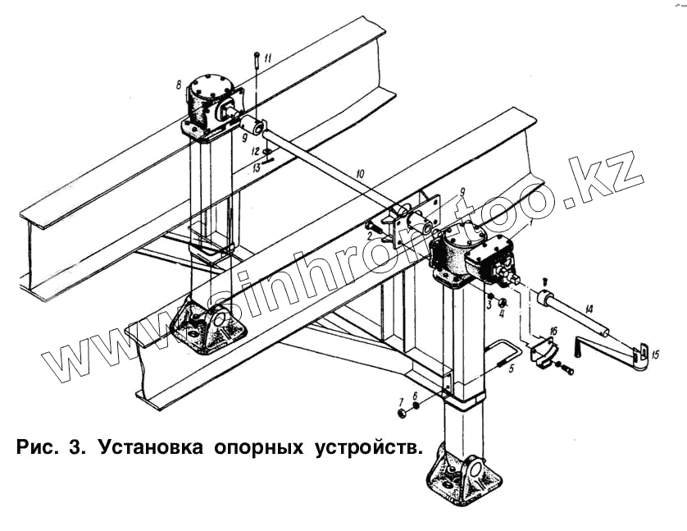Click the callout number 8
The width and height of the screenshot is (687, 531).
[x=177, y=84]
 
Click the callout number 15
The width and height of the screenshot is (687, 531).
[x=653, y=355]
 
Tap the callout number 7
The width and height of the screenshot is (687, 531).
[x=401, y=402]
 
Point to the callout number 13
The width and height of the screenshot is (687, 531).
[x=256, y=167]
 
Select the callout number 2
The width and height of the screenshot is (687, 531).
[x=370, y=236]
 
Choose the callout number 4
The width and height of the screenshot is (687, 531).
[x=503, y=313]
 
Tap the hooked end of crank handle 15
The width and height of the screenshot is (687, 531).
[x=644, y=354]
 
